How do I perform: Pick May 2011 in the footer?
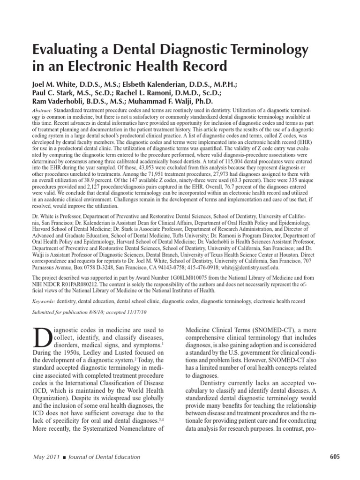coord(45,457)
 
